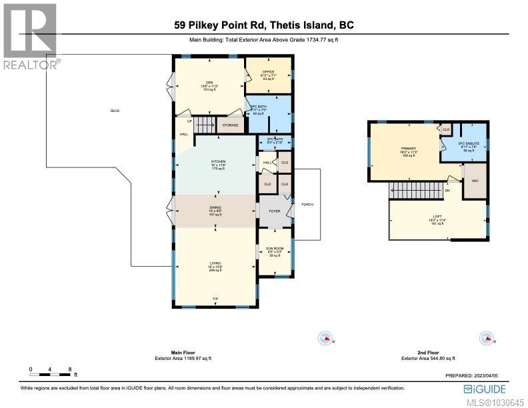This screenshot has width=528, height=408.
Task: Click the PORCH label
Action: click(x=307, y=204)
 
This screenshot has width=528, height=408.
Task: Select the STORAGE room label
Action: click(x=231, y=125)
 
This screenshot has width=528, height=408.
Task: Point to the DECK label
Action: click(x=115, y=111)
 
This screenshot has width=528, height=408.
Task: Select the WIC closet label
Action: click(x=475, y=181)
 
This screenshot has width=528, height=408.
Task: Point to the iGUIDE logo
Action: click(x=483, y=389)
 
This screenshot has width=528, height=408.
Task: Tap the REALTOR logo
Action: click(x=29, y=37)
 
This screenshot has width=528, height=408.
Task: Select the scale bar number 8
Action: click(x=69, y=368)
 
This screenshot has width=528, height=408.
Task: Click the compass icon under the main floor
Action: click(x=325, y=338)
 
